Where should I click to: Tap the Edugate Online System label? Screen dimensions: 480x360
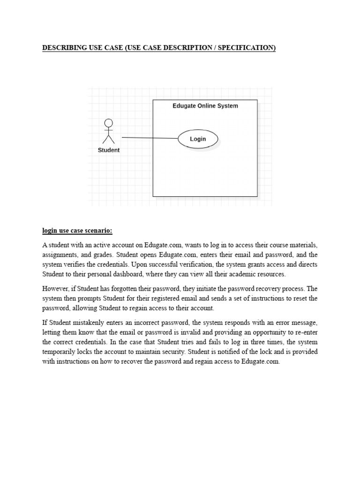coord(205,106)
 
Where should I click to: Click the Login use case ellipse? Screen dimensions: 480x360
coord(198,139)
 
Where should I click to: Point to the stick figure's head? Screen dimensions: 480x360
coord(108,123)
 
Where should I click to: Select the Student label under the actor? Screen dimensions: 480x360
coord(108,150)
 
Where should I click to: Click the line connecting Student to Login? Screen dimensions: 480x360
coord(150,138)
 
